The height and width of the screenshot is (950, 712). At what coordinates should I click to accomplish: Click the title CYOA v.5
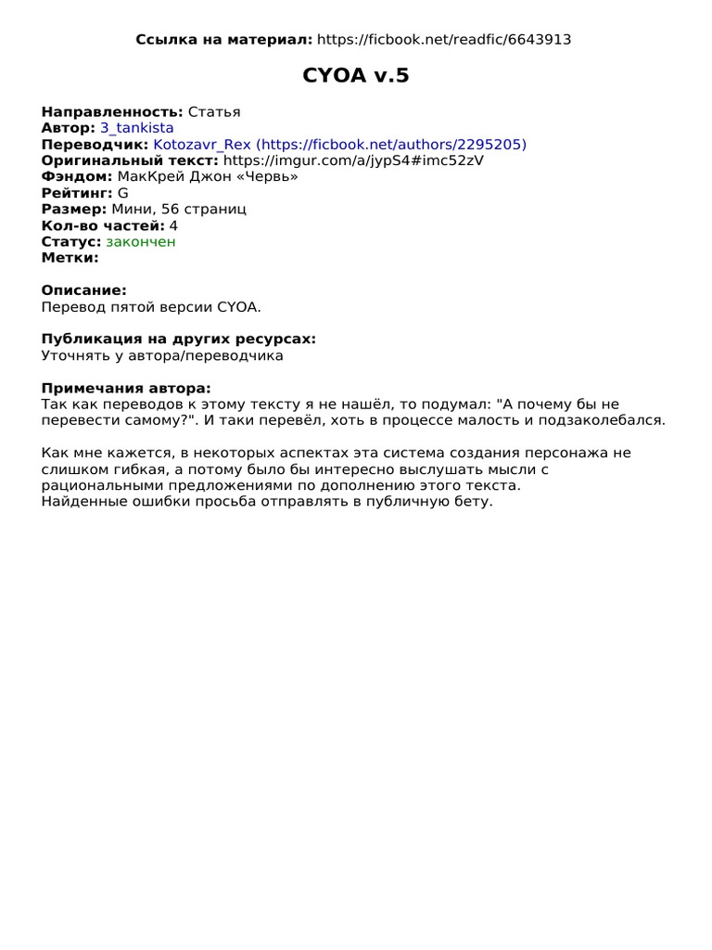(x=356, y=76)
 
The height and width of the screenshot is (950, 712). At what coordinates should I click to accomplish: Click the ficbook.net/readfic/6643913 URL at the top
(x=443, y=39)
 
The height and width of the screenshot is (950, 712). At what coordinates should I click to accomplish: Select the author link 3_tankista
(x=136, y=128)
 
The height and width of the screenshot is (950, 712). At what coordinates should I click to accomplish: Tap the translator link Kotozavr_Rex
(x=201, y=145)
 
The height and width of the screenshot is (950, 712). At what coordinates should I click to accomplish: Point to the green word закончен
(x=140, y=241)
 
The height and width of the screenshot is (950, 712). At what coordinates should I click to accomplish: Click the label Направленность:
(x=113, y=112)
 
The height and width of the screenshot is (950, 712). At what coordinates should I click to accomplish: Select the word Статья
(x=214, y=112)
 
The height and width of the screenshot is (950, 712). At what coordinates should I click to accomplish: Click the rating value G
(x=123, y=193)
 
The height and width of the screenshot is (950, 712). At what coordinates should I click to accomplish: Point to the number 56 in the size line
(x=171, y=210)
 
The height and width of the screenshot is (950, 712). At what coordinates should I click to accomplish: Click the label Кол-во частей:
(x=103, y=225)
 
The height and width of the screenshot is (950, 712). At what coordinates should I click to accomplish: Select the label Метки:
(x=70, y=258)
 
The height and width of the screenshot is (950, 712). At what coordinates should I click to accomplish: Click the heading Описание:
(x=84, y=290)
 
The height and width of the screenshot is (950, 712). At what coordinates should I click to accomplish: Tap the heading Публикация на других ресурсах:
(x=179, y=339)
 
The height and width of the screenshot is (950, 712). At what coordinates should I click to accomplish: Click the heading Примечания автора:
(x=126, y=388)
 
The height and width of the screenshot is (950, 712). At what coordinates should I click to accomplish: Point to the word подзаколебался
(x=606, y=420)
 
